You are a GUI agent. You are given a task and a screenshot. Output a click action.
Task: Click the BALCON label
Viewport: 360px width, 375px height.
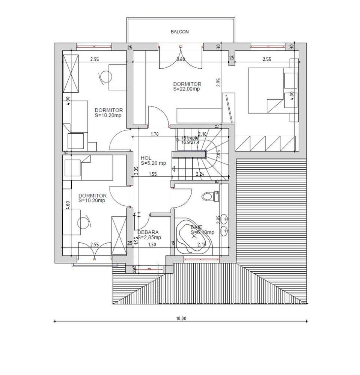click(179, 32)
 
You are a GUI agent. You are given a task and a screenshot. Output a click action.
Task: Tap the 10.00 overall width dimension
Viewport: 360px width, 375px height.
click(181, 318)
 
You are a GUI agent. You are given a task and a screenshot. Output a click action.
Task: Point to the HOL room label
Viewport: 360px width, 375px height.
click(146, 158)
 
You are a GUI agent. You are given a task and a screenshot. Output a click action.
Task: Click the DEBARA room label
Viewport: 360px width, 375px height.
click(148, 232)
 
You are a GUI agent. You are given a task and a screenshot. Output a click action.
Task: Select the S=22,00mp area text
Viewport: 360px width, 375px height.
click(187, 89)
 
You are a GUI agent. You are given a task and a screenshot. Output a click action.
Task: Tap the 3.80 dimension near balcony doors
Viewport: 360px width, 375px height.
click(181, 59)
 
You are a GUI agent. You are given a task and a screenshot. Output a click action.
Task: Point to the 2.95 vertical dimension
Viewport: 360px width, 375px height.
click(219, 82)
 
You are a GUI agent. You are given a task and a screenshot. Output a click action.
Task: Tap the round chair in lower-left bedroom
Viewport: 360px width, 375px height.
click(84, 222)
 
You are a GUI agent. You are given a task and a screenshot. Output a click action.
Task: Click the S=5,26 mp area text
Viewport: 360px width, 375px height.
click(153, 163)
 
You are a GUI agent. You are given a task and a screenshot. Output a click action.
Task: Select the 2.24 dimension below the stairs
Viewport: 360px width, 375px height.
click(200, 174)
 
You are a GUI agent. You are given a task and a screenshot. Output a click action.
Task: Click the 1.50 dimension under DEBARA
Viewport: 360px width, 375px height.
click(152, 245)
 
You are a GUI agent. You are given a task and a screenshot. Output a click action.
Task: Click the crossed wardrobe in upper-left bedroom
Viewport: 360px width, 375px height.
click(71, 73)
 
